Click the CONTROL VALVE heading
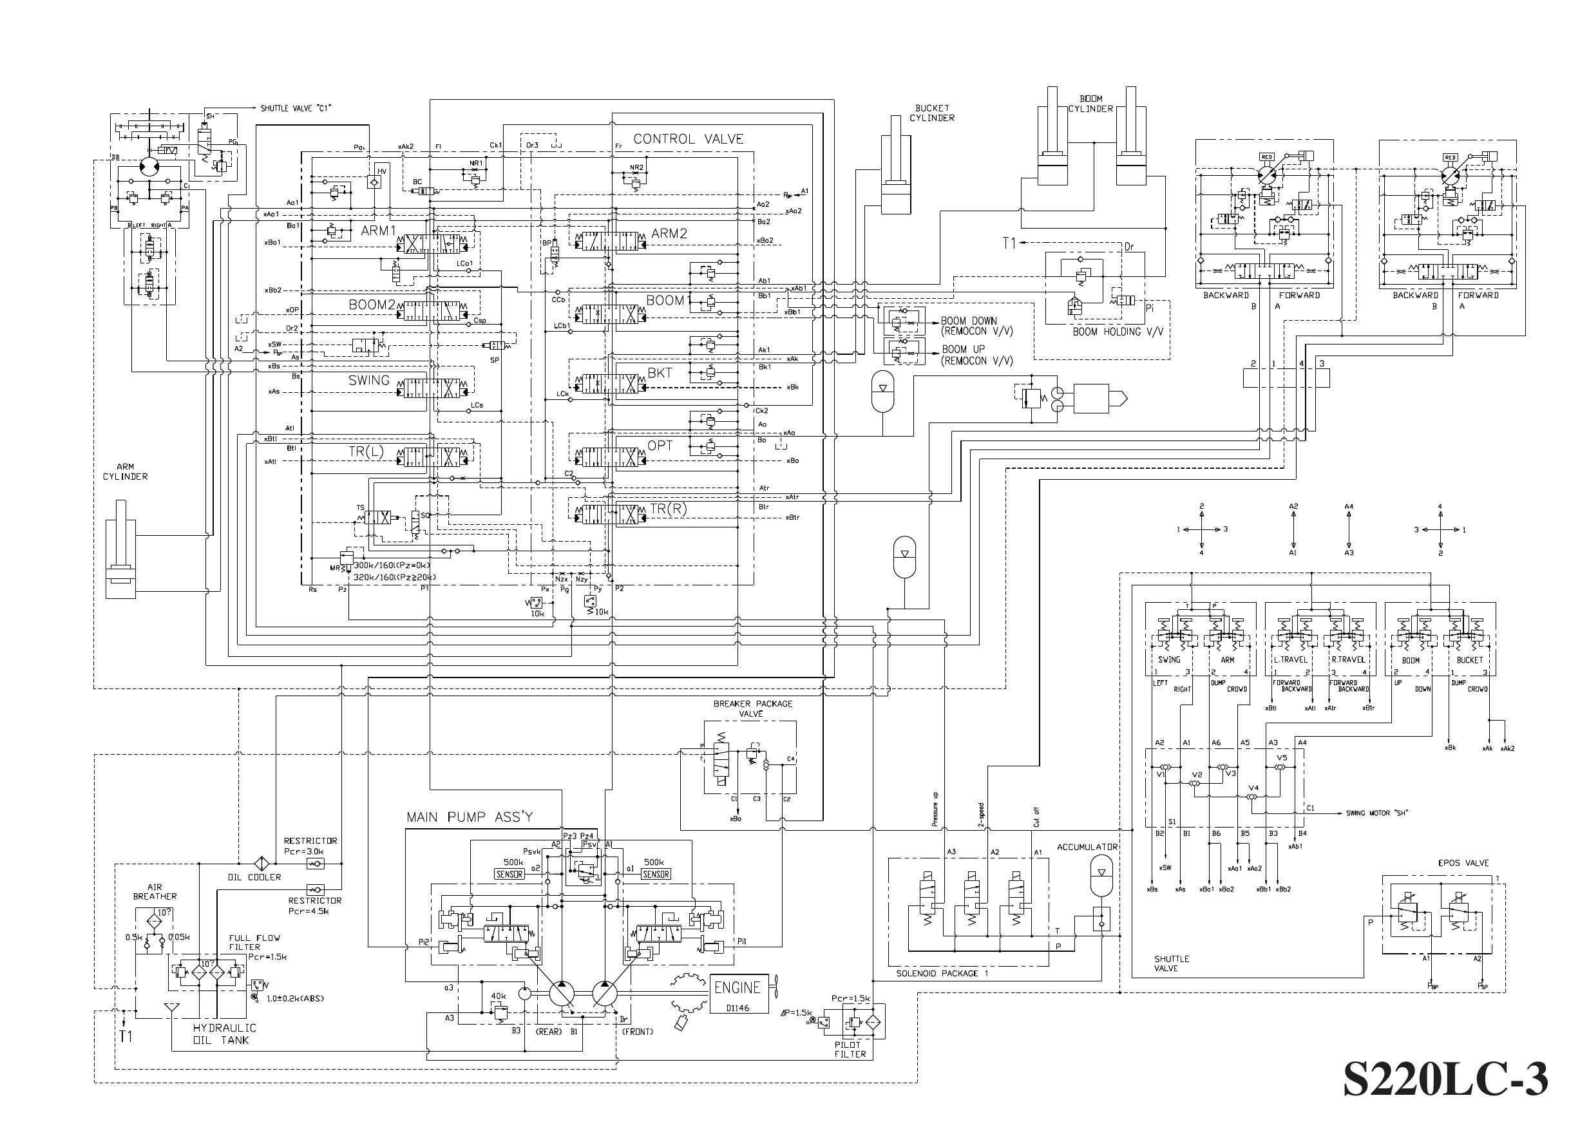point(688,139)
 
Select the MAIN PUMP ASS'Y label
point(470,817)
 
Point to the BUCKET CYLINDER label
point(932,113)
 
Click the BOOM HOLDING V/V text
point(1116,332)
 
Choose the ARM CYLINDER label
point(125,472)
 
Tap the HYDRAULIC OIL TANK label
point(224,1034)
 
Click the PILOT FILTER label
point(850,1049)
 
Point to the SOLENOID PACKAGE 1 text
point(942,974)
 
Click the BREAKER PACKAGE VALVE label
point(752,708)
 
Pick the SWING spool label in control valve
point(368,381)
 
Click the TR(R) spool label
point(667,509)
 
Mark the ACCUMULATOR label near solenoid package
point(1087,848)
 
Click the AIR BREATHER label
point(155,892)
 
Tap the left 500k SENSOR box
point(509,875)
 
